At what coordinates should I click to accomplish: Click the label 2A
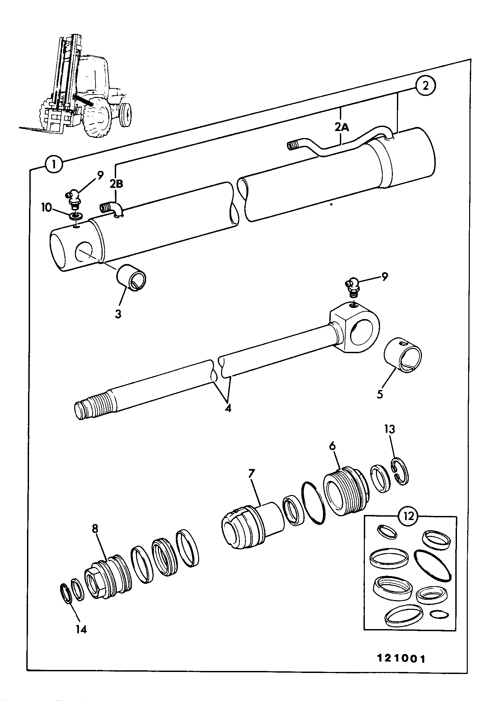tap(341, 128)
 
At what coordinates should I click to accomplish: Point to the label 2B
tap(116, 184)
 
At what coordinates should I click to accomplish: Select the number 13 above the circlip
tap(389, 430)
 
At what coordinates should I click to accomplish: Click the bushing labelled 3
tap(132, 278)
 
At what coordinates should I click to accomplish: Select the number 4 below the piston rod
tap(228, 408)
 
